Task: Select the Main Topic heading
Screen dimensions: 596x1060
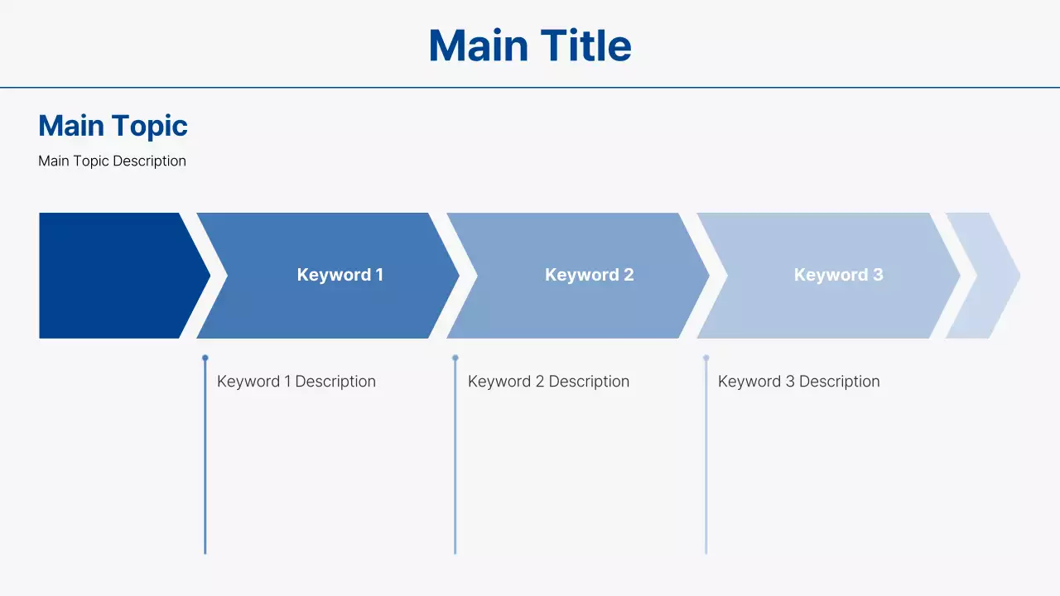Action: click(113, 126)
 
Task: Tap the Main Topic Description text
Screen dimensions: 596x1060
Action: click(112, 161)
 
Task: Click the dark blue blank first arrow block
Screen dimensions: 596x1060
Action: click(112, 276)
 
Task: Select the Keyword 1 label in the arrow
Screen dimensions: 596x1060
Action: click(340, 275)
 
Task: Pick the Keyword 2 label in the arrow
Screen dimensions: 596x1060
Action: click(589, 275)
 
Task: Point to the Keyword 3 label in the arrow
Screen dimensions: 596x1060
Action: click(838, 275)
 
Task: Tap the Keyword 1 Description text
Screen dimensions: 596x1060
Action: click(296, 382)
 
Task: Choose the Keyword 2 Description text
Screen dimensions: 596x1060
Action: click(548, 382)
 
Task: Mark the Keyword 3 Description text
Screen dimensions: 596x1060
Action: click(798, 382)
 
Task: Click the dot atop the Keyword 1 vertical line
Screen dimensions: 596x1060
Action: click(205, 358)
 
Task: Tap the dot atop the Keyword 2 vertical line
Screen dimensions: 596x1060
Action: click(455, 358)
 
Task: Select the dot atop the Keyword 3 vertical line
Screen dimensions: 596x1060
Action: click(706, 358)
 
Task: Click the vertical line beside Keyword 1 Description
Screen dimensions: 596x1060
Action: click(205, 464)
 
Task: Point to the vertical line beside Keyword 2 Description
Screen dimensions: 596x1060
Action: click(455, 464)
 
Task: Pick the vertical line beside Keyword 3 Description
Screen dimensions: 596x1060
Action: click(706, 464)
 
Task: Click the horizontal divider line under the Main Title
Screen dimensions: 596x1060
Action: click(530, 87)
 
